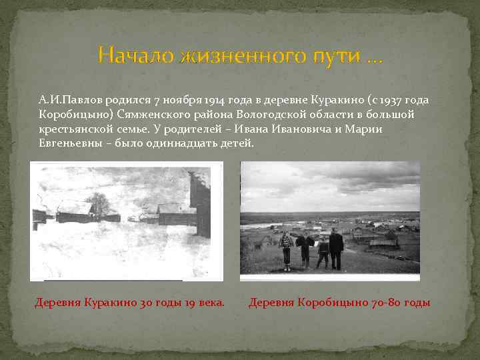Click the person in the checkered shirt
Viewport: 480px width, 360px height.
[x=287, y=248]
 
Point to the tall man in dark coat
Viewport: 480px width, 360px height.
[x=336, y=247]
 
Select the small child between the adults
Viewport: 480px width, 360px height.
[x=323, y=251]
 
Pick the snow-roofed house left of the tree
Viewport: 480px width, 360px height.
[x=75, y=212]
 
